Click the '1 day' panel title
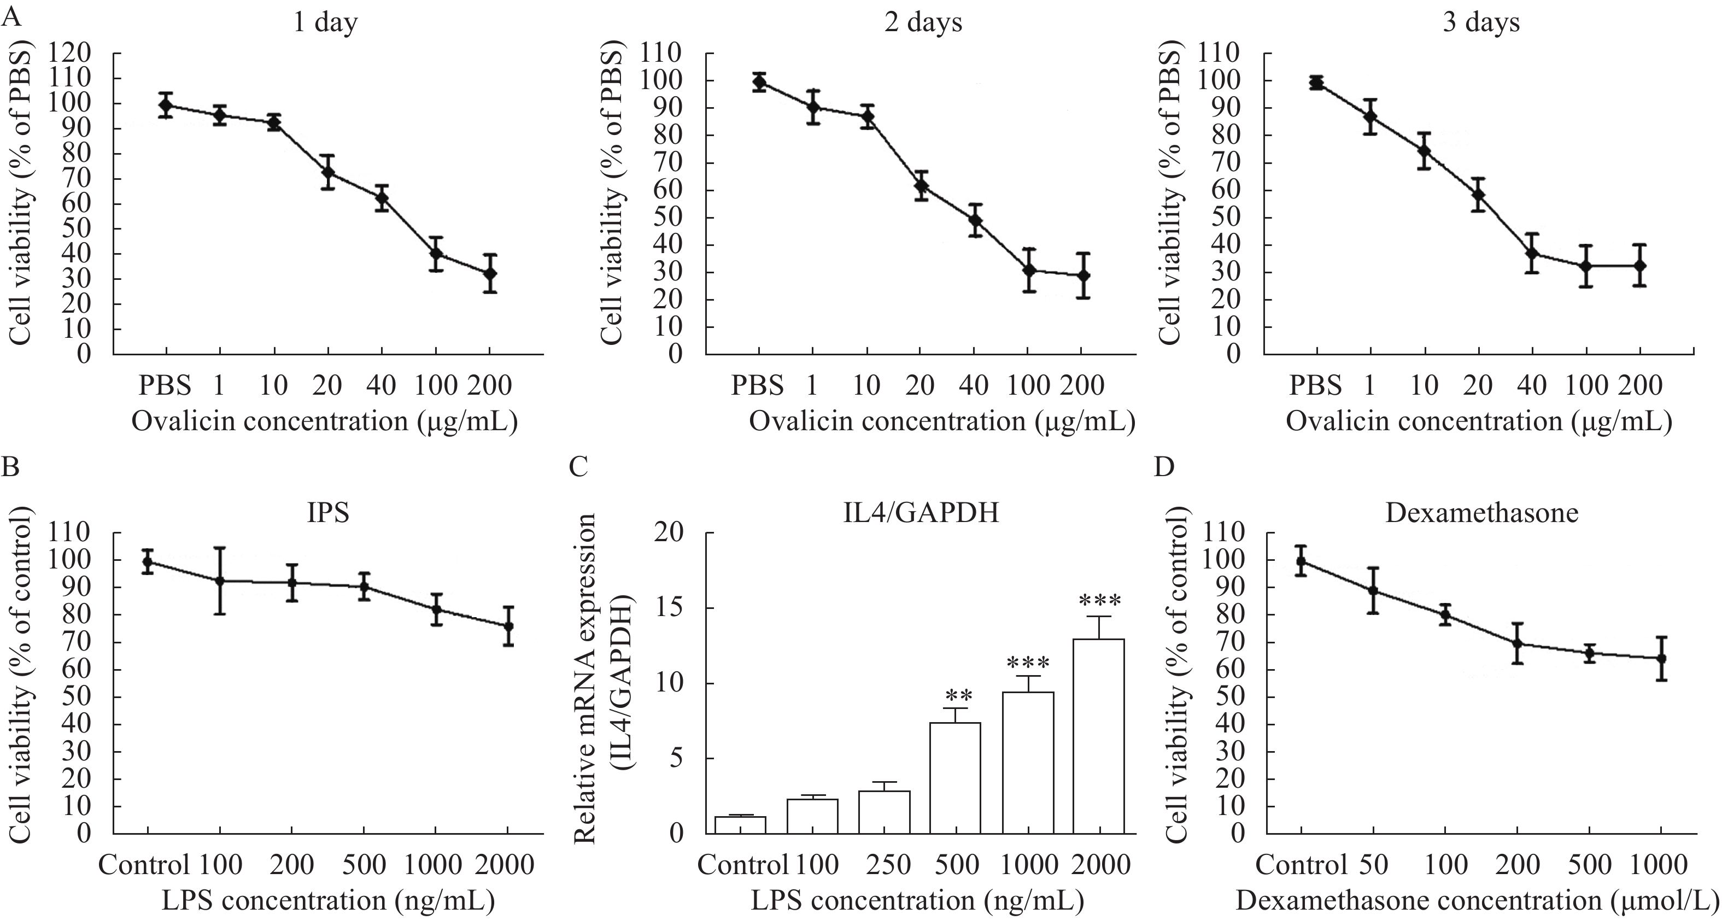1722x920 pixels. point(326,23)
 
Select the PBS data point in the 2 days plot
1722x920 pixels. point(759,82)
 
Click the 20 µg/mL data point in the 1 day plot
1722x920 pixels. point(327,173)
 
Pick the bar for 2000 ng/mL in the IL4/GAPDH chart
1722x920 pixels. point(1098,735)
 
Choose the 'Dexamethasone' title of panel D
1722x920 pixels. point(1481,513)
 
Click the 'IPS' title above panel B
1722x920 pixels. point(327,513)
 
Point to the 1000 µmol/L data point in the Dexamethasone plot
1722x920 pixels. point(1661,658)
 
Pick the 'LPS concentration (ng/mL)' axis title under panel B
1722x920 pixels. point(327,900)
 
